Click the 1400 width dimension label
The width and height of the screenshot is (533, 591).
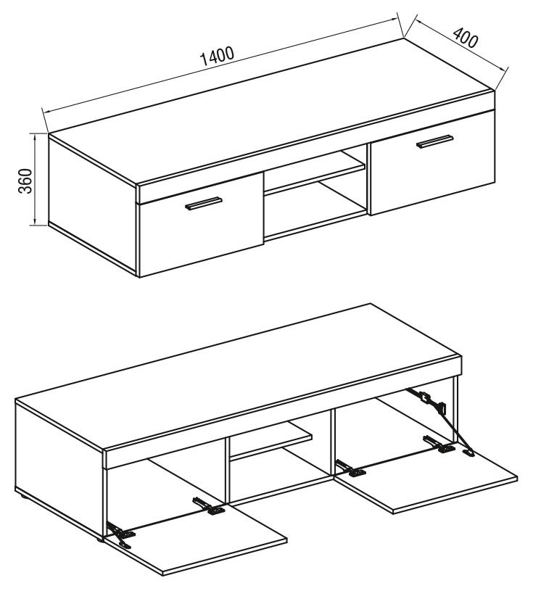(218, 56)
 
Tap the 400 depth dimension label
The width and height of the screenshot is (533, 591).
(466, 38)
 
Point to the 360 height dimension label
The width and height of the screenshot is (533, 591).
(25, 181)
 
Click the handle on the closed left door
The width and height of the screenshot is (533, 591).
(204, 203)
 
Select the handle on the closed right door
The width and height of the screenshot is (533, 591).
(434, 141)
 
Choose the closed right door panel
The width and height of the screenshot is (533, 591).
(433, 162)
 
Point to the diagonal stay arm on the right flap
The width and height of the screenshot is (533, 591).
(439, 421)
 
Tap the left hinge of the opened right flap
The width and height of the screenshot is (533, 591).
(350, 468)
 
